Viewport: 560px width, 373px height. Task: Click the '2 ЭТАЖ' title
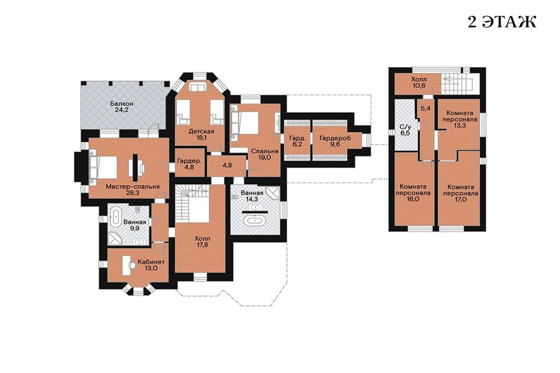coord(502,22)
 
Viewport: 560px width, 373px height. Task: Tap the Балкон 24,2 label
coord(122,106)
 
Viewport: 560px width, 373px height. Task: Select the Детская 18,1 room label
coord(201,134)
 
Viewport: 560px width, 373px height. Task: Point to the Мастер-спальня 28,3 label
coord(133,189)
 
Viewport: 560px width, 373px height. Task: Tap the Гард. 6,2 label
coord(297,141)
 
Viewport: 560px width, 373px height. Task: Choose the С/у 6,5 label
coord(405,129)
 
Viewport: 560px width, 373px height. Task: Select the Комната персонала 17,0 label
coord(461,193)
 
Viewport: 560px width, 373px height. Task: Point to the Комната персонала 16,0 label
coord(412,192)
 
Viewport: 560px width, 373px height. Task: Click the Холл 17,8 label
coord(202,242)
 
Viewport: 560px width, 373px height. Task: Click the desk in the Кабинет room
coord(127,264)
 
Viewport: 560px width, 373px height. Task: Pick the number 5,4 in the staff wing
coord(425,109)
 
